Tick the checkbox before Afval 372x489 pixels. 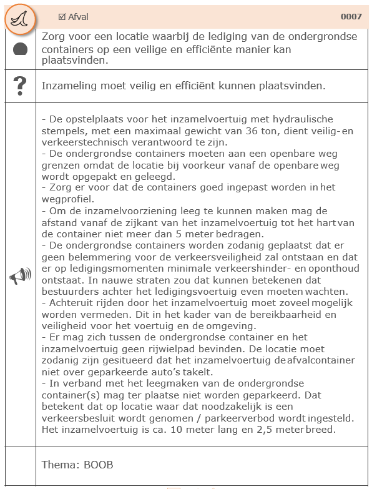[x=62, y=17]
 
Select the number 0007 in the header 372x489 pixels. [x=351, y=17]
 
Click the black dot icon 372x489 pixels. [x=20, y=49]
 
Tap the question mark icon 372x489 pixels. [x=20, y=86]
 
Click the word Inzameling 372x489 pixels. [x=69, y=86]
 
